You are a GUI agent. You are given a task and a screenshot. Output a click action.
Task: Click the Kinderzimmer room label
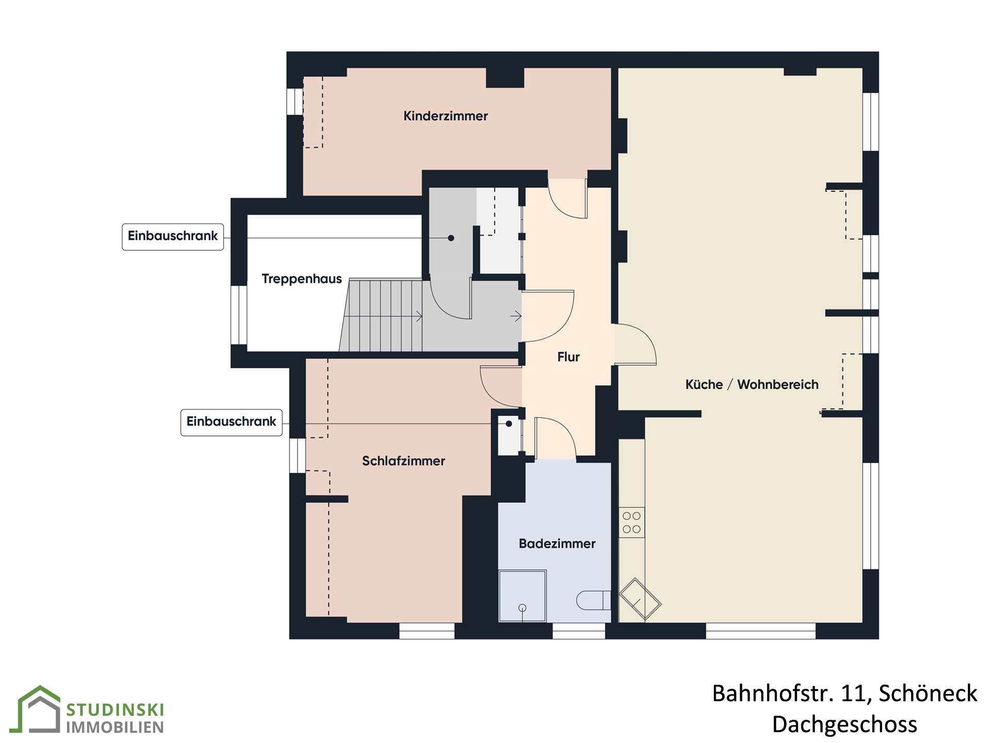[445, 116]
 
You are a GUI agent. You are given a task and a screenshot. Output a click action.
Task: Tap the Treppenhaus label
[301, 279]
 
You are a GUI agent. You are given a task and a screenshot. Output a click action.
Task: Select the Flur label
[568, 357]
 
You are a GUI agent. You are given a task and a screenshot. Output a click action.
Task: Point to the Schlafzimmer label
[403, 461]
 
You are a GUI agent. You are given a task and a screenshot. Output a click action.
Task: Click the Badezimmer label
[557, 543]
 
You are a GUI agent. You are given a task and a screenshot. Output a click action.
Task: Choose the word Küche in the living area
[704, 384]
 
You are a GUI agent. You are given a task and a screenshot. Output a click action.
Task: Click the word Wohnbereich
[778, 384]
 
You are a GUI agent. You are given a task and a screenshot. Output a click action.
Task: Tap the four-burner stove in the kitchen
[631, 522]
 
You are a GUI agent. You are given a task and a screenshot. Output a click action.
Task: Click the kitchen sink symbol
[640, 599]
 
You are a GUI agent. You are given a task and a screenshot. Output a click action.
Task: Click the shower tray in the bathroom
[522, 595]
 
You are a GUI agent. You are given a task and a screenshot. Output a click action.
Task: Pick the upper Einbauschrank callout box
[173, 237]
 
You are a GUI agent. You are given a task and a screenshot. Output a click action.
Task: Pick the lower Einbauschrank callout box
[231, 423]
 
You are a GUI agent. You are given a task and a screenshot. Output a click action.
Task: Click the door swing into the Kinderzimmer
[568, 199]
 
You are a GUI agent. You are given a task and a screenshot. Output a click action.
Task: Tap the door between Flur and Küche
[635, 344]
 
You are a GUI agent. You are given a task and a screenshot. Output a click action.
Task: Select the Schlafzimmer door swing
[501, 386]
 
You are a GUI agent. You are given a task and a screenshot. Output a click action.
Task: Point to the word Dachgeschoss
[844, 724]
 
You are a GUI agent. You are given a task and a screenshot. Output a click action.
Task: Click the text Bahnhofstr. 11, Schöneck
[844, 693]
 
